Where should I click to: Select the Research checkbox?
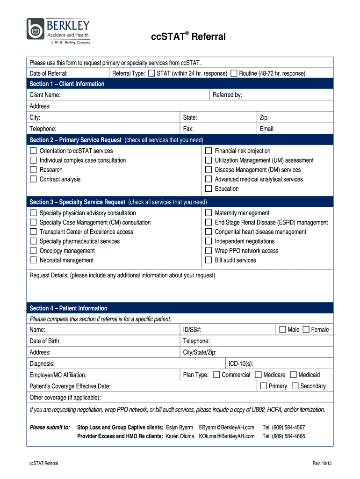pyautogui.click(x=33, y=170)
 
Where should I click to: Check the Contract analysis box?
pyautogui.click(x=33, y=179)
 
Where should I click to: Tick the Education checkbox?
pyautogui.click(x=209, y=189)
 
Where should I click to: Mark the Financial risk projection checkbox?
pyautogui.click(x=209, y=151)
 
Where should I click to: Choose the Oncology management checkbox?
pyautogui.click(x=33, y=251)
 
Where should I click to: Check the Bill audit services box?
pyautogui.click(x=209, y=260)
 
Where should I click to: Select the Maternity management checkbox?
pyautogui.click(x=209, y=213)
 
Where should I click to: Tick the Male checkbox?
pyautogui.click(x=282, y=330)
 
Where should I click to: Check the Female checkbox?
pyautogui.click(x=306, y=330)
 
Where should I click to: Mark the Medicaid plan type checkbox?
pyautogui.click(x=293, y=375)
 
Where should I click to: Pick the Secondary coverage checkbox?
pyautogui.click(x=295, y=386)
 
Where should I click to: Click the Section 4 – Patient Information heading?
pyautogui.click(x=68, y=308)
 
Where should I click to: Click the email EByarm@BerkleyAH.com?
pyautogui.click(x=226, y=427)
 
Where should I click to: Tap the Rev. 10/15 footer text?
pyautogui.click(x=322, y=463)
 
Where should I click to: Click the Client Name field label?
pyautogui.click(x=45, y=95)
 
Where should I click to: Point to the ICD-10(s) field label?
pyautogui.click(x=241, y=363)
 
